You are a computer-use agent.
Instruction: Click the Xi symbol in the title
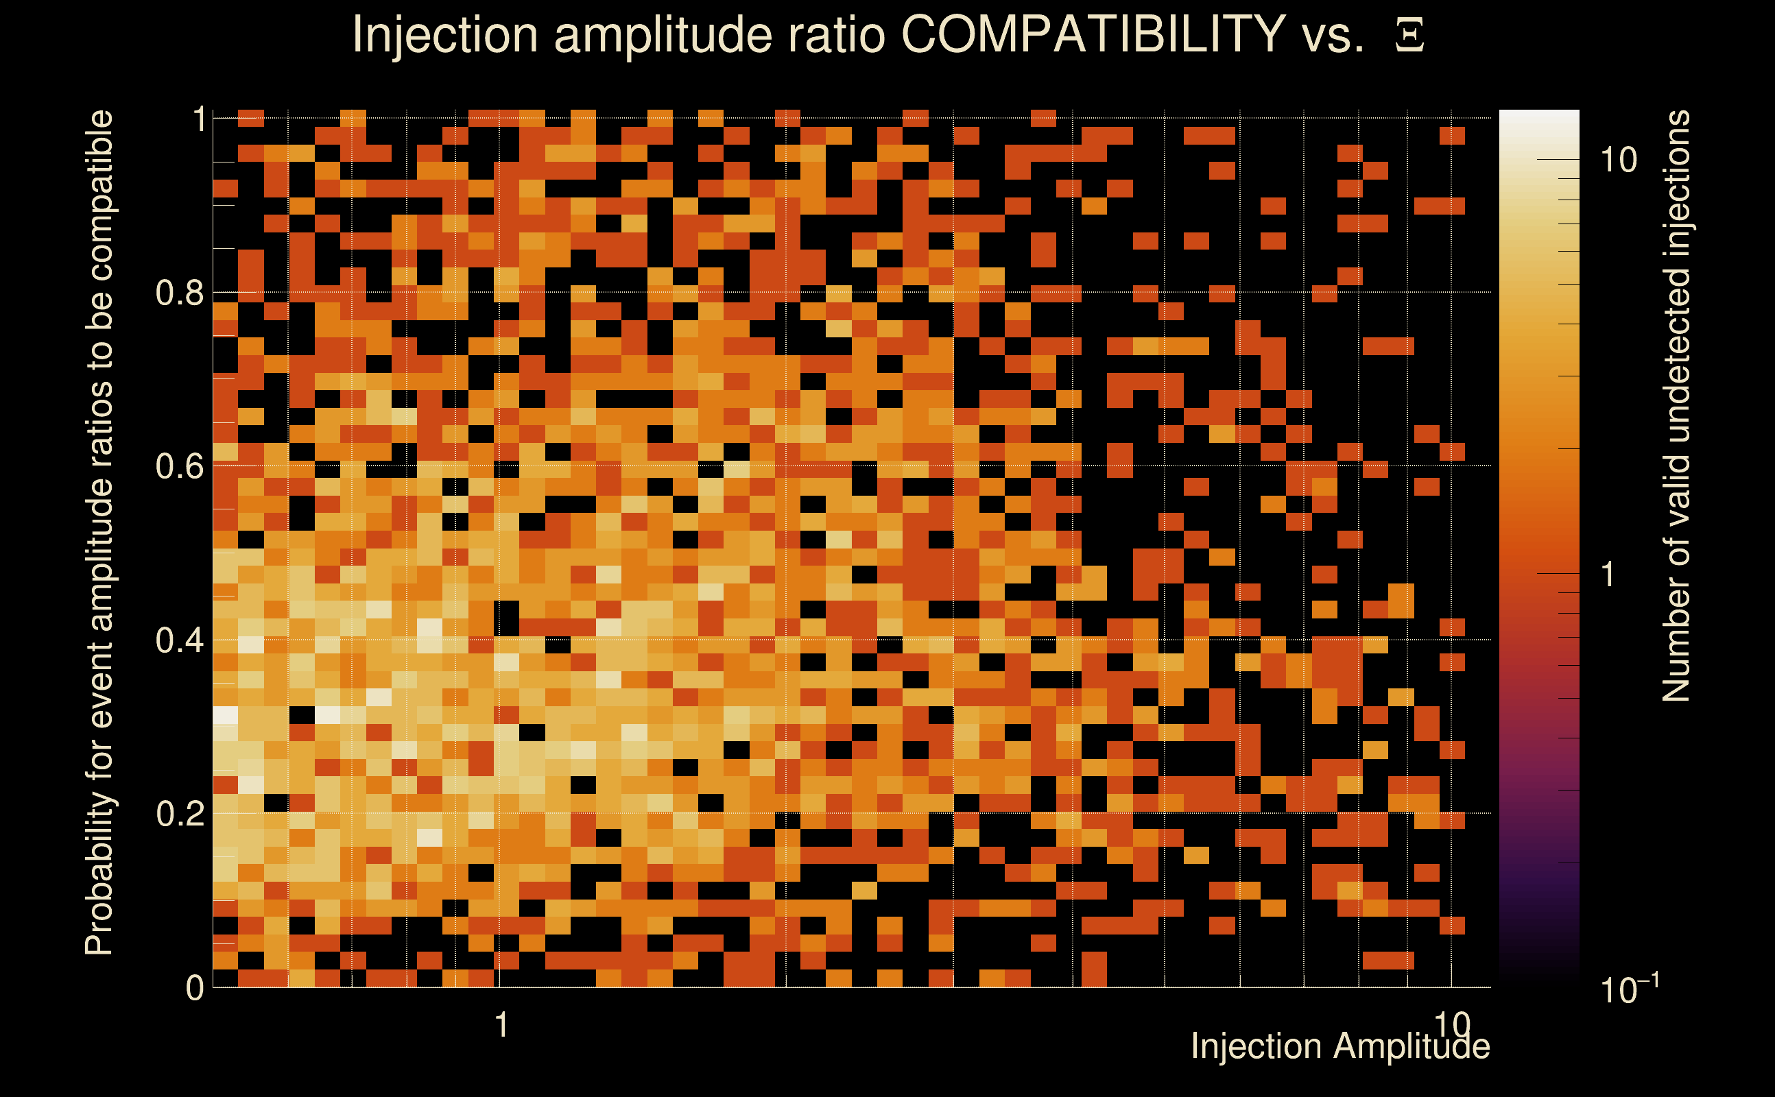(x=1409, y=35)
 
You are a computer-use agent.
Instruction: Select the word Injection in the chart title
(x=444, y=35)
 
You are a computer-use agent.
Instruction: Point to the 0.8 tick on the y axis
(x=179, y=293)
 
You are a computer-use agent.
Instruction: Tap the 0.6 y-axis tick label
(x=179, y=466)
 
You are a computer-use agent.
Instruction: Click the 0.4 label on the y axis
(x=179, y=640)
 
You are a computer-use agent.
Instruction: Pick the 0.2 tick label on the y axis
(x=179, y=814)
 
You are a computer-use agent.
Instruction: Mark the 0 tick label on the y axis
(x=195, y=988)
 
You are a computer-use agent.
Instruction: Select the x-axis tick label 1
(x=501, y=1025)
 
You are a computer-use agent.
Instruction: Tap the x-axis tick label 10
(x=1451, y=1025)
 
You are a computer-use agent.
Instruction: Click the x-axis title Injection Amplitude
(x=1339, y=1046)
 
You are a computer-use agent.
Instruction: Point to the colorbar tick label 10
(x=1618, y=160)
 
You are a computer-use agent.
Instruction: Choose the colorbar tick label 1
(x=1608, y=575)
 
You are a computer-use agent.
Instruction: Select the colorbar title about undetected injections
(x=1676, y=407)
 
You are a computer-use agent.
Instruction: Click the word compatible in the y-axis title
(x=100, y=196)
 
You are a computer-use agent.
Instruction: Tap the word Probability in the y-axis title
(x=100, y=874)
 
